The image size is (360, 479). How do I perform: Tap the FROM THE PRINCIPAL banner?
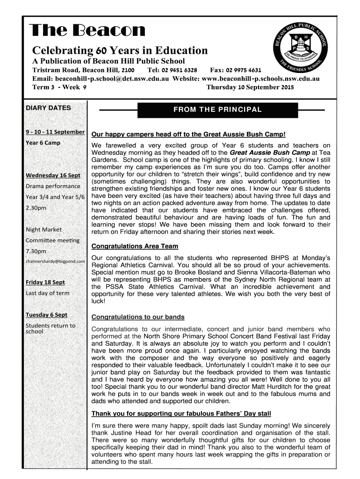[217, 110]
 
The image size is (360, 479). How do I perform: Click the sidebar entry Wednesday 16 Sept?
[53, 175]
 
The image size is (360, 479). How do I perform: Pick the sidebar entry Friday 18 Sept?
[45, 282]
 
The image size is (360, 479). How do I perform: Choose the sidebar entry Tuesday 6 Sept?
[46, 315]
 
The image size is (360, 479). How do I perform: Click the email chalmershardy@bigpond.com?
[55, 261]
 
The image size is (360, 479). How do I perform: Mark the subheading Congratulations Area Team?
[135, 246]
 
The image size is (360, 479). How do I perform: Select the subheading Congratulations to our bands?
[138, 317]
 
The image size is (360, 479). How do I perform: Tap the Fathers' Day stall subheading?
[181, 414]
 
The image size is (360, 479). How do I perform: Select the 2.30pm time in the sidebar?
[36, 208]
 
